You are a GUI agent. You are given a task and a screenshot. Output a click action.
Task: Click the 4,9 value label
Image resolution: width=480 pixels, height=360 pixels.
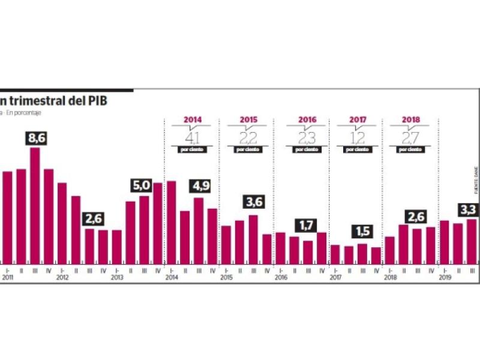(x=198, y=187)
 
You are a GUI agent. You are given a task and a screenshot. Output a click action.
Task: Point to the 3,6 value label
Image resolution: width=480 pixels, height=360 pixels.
(x=253, y=203)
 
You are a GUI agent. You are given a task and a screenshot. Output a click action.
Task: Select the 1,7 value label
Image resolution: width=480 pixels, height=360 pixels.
(x=307, y=226)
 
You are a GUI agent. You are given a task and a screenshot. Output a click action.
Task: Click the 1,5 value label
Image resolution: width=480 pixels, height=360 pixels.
(x=361, y=232)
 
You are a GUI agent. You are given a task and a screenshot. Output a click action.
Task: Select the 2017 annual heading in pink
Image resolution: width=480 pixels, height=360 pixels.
(x=356, y=120)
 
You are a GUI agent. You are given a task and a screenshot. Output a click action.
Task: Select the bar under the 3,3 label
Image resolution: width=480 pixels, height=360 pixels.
(x=471, y=241)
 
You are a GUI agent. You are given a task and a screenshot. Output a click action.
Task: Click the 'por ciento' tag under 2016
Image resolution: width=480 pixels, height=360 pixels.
(x=306, y=149)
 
